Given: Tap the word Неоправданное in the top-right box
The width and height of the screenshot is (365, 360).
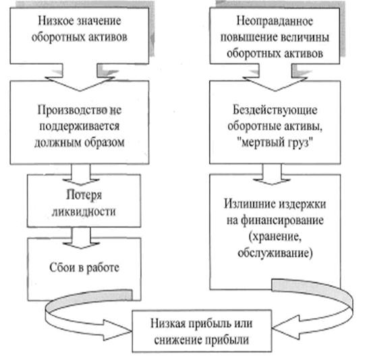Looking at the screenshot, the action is (x=275, y=21).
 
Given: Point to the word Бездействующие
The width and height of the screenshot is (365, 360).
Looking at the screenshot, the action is (x=275, y=110).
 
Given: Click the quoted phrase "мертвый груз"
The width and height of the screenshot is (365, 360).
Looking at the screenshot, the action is (x=275, y=142).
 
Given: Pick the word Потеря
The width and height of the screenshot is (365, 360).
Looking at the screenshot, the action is (x=84, y=195).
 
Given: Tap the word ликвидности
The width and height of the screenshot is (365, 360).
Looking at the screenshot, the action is (x=84, y=212).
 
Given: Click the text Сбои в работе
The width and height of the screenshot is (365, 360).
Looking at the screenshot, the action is (x=84, y=268).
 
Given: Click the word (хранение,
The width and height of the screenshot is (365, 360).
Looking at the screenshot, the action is (x=275, y=237).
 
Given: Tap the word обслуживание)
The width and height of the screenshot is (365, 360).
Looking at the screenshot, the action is (x=275, y=253).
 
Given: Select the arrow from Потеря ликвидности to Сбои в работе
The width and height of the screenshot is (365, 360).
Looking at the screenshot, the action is (x=81, y=238).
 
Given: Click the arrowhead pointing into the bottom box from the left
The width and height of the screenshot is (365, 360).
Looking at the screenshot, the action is (x=117, y=330).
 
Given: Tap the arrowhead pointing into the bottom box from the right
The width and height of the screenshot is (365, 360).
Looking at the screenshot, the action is (x=286, y=327).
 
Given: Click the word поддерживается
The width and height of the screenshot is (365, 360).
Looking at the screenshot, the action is (x=80, y=127).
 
